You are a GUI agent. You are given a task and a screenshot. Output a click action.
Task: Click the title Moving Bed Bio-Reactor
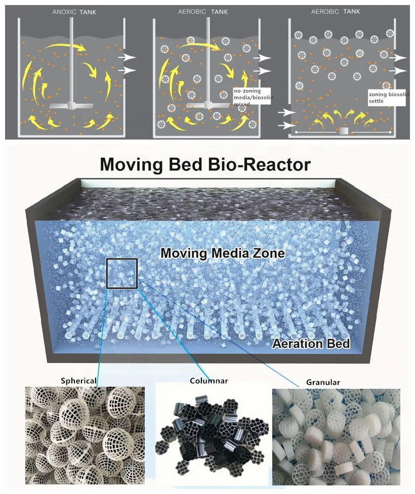tap(205, 164)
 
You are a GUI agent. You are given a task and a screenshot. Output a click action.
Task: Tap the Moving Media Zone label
tap(223, 253)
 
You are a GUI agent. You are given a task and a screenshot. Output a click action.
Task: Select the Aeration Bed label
tap(311, 344)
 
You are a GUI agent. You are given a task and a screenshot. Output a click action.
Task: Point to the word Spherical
tap(78, 380)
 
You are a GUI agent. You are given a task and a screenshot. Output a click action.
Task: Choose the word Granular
tap(323, 382)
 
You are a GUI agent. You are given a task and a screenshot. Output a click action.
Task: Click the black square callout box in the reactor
tap(122, 274)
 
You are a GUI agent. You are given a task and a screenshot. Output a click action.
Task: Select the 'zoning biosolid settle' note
tap(387, 98)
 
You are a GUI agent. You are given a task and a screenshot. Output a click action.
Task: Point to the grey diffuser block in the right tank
tap(344, 131)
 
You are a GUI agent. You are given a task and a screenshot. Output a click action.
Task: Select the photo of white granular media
tap(336, 437)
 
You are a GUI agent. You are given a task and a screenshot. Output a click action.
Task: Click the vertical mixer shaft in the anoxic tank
tap(72, 61)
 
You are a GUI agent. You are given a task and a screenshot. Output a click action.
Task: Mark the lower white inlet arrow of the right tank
tap(285, 125)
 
